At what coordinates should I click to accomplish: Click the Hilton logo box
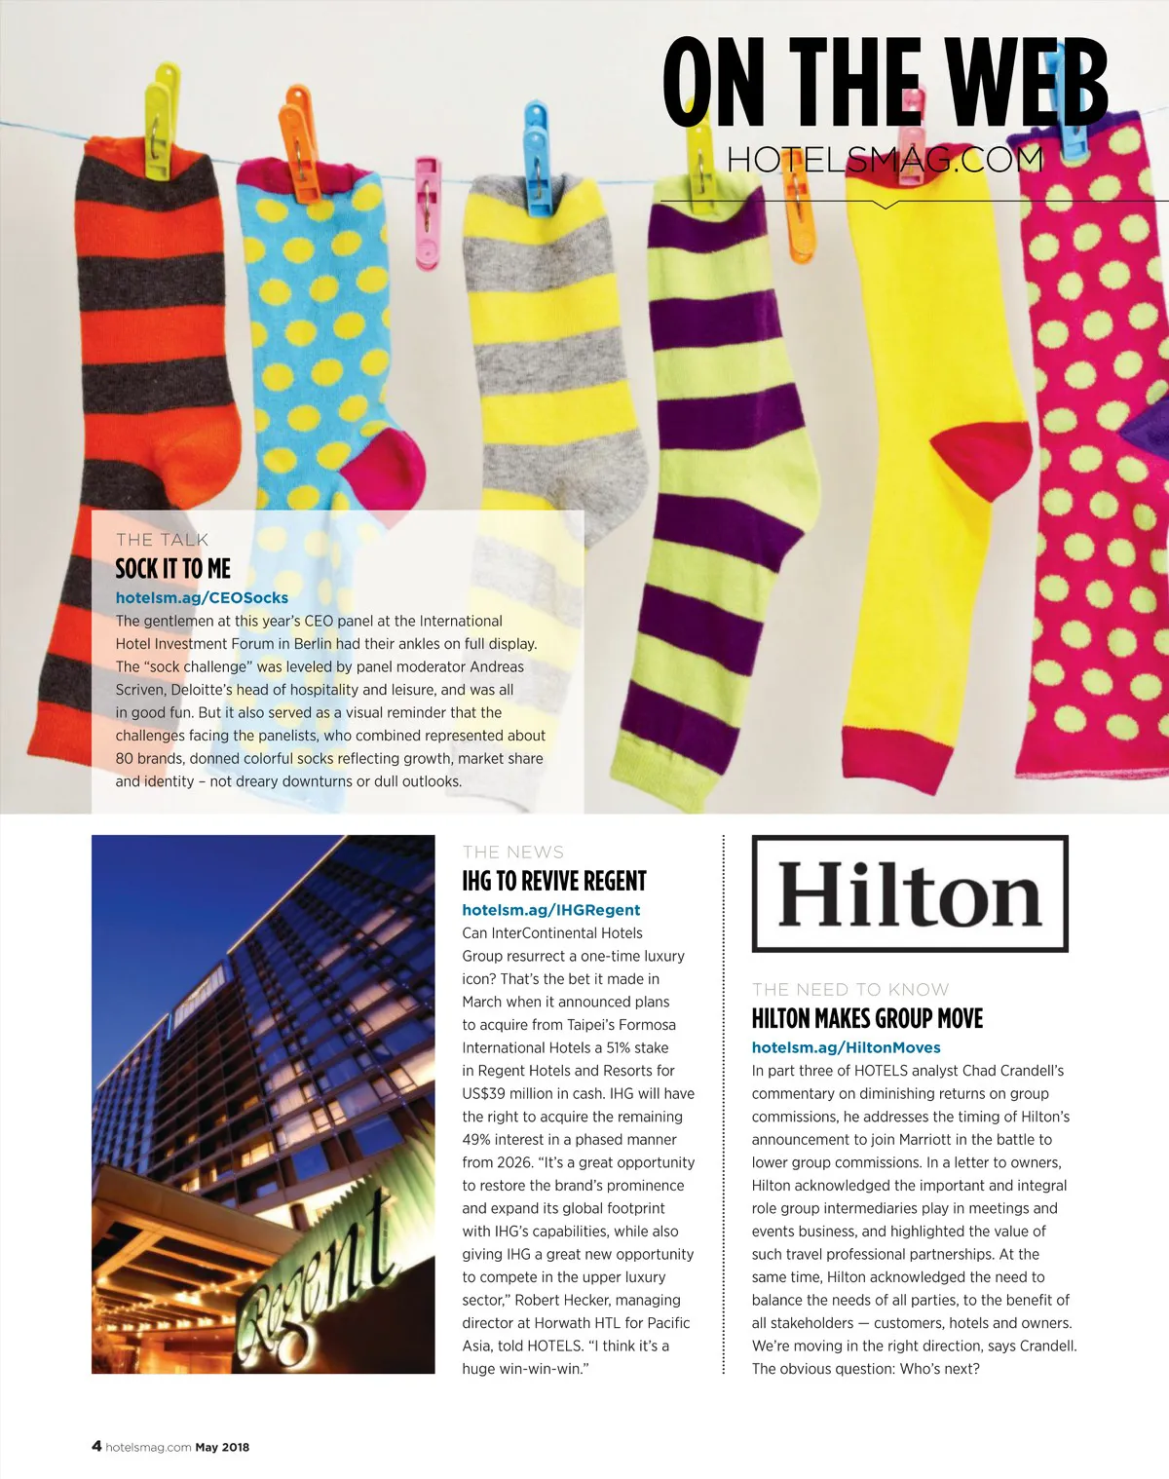pyautogui.click(x=910, y=893)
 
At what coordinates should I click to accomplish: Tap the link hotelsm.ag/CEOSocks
pyautogui.click(x=202, y=597)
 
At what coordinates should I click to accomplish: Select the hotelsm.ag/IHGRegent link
pyautogui.click(x=550, y=909)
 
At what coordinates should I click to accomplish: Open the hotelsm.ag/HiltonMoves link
pyautogui.click(x=846, y=1047)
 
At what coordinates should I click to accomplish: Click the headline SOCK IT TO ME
pyautogui.click(x=172, y=568)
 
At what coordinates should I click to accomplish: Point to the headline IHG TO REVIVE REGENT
pyautogui.click(x=553, y=881)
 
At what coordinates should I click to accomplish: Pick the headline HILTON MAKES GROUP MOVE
pyautogui.click(x=867, y=1018)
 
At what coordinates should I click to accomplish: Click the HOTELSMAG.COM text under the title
pyautogui.click(x=885, y=159)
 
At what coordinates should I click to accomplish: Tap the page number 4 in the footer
pyautogui.click(x=96, y=1446)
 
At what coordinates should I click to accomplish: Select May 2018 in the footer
pyautogui.click(x=222, y=1447)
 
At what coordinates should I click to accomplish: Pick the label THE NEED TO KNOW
pyautogui.click(x=849, y=989)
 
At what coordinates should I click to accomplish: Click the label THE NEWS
pyautogui.click(x=512, y=852)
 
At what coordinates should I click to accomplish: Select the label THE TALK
pyautogui.click(x=162, y=540)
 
